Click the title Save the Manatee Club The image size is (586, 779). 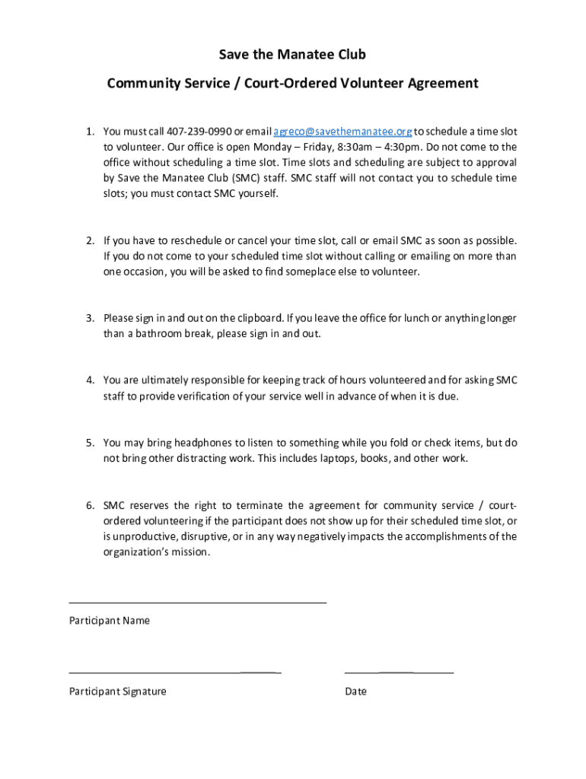tap(292, 55)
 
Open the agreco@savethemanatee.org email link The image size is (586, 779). tap(342, 131)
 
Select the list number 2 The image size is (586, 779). tap(89, 240)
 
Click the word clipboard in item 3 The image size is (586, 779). tap(260, 318)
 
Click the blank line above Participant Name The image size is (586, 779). tap(197, 603)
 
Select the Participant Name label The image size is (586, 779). tap(110, 621)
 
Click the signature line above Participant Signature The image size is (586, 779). tap(174, 672)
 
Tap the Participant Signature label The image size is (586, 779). tap(118, 692)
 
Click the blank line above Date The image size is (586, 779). tap(399, 672)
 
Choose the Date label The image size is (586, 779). tap(355, 692)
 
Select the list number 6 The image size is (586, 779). tap(89, 506)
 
